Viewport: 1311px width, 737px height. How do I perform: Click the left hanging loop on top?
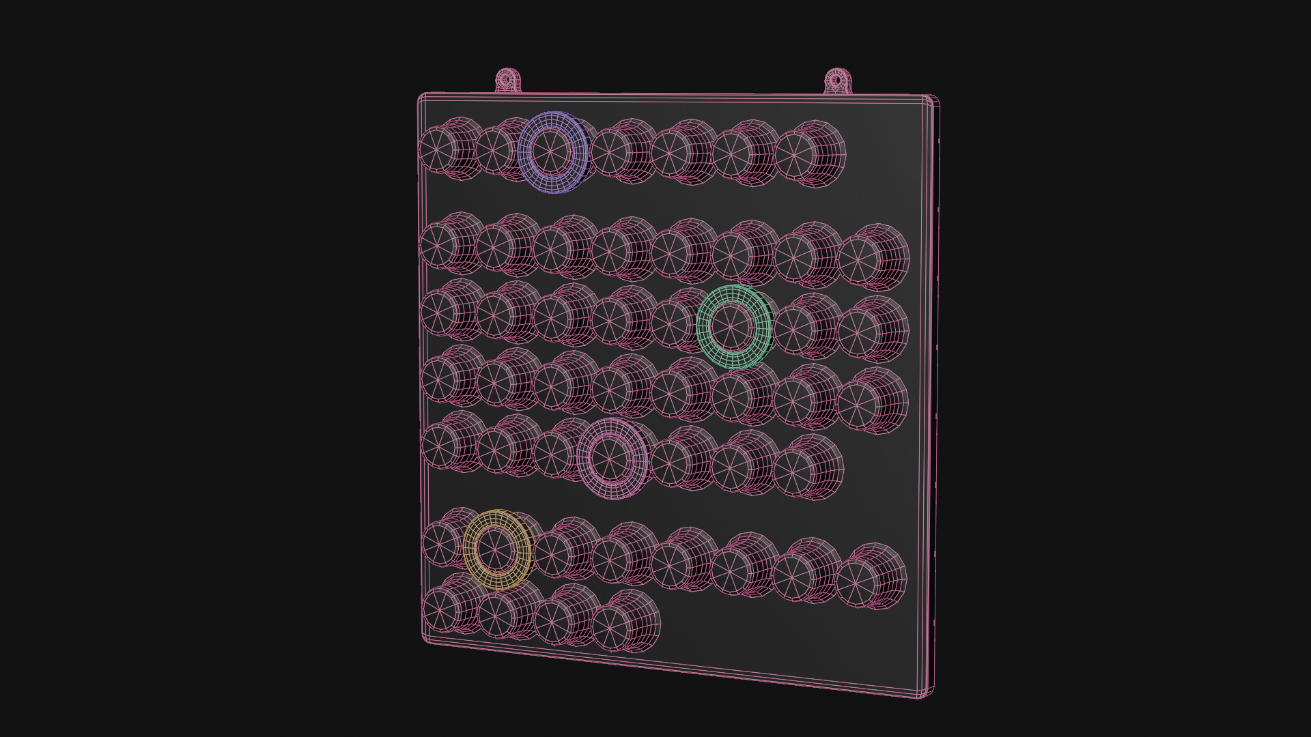coord(506,80)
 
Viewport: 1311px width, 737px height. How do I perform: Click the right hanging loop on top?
coord(836,81)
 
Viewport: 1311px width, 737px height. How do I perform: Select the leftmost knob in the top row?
coord(437,148)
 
